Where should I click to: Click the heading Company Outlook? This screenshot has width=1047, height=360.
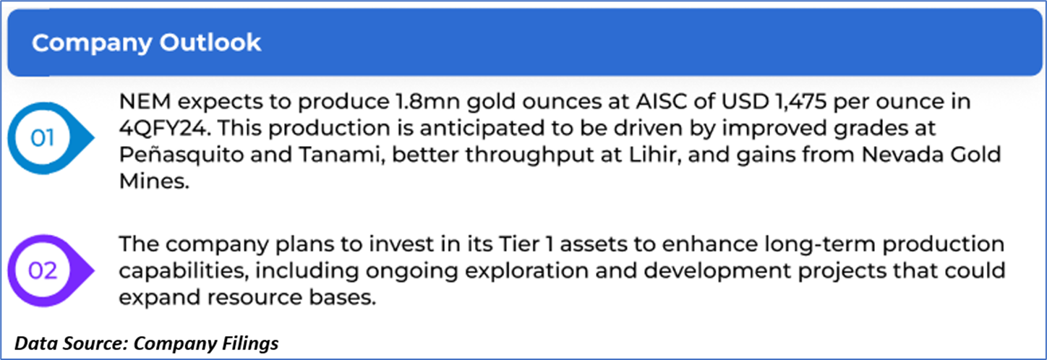coord(146,43)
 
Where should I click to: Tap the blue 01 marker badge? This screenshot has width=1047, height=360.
coord(51,138)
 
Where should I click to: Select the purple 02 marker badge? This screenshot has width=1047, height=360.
coord(51,270)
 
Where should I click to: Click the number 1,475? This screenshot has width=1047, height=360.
coord(800,102)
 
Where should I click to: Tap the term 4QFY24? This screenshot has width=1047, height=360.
coord(163,128)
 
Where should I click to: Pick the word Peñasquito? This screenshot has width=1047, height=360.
coord(181,155)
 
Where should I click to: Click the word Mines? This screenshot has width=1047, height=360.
coord(154,181)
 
